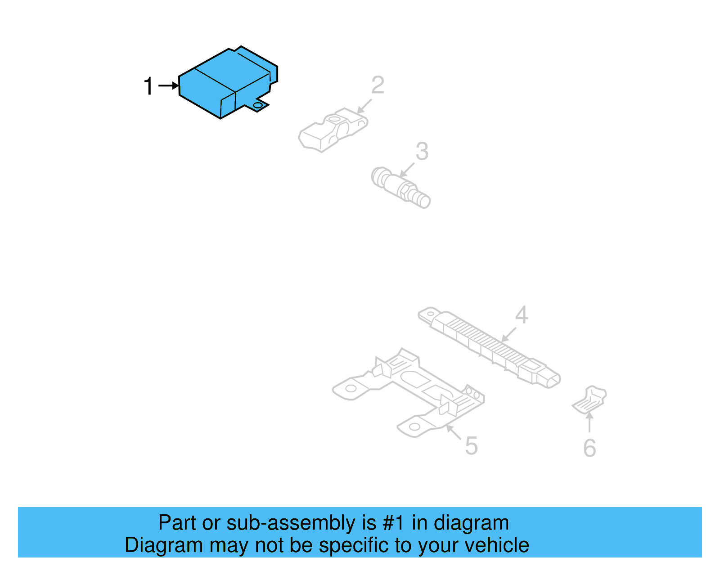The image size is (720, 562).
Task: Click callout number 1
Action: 148,86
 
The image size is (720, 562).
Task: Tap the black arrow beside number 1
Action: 169,85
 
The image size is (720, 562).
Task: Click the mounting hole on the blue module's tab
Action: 257,105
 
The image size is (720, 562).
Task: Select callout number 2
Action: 378,85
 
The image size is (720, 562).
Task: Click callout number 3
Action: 422,152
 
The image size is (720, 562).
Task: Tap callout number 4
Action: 521,315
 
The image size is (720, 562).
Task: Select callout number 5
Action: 471,446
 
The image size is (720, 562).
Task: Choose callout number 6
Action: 589,448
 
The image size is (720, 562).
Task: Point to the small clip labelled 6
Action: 589,399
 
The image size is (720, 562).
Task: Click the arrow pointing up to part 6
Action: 589,422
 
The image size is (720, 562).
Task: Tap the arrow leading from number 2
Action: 364,106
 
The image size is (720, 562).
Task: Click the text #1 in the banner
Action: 393,523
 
